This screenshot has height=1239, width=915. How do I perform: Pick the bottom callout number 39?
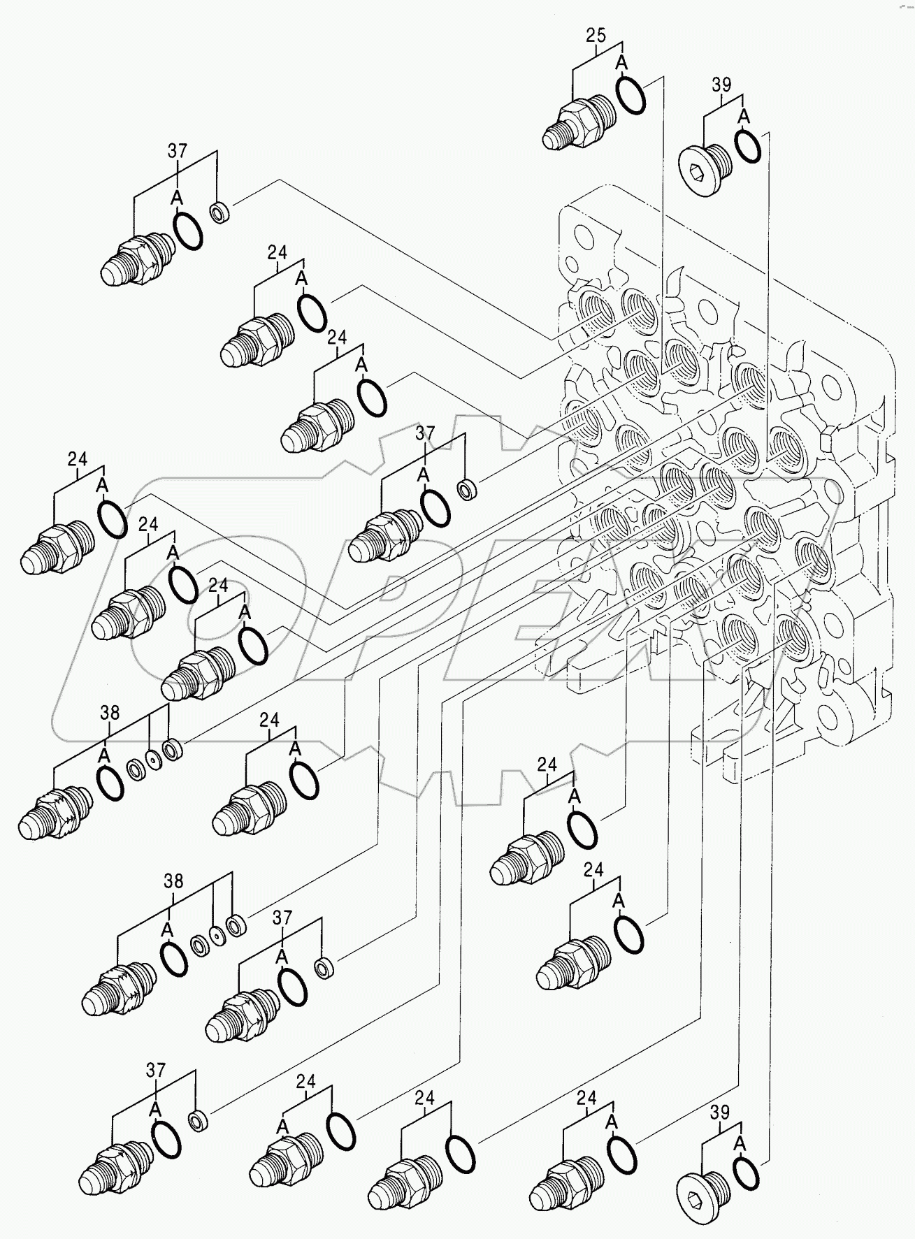(x=720, y=1113)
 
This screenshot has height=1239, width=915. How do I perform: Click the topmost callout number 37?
(x=178, y=150)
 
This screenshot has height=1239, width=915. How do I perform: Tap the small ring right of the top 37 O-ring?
(x=221, y=212)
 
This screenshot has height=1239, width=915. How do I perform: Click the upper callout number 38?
(x=110, y=713)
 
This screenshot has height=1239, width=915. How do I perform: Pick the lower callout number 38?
(x=173, y=881)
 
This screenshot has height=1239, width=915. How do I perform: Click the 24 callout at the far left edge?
(x=78, y=459)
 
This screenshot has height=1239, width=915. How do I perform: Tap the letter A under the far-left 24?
(x=102, y=484)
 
